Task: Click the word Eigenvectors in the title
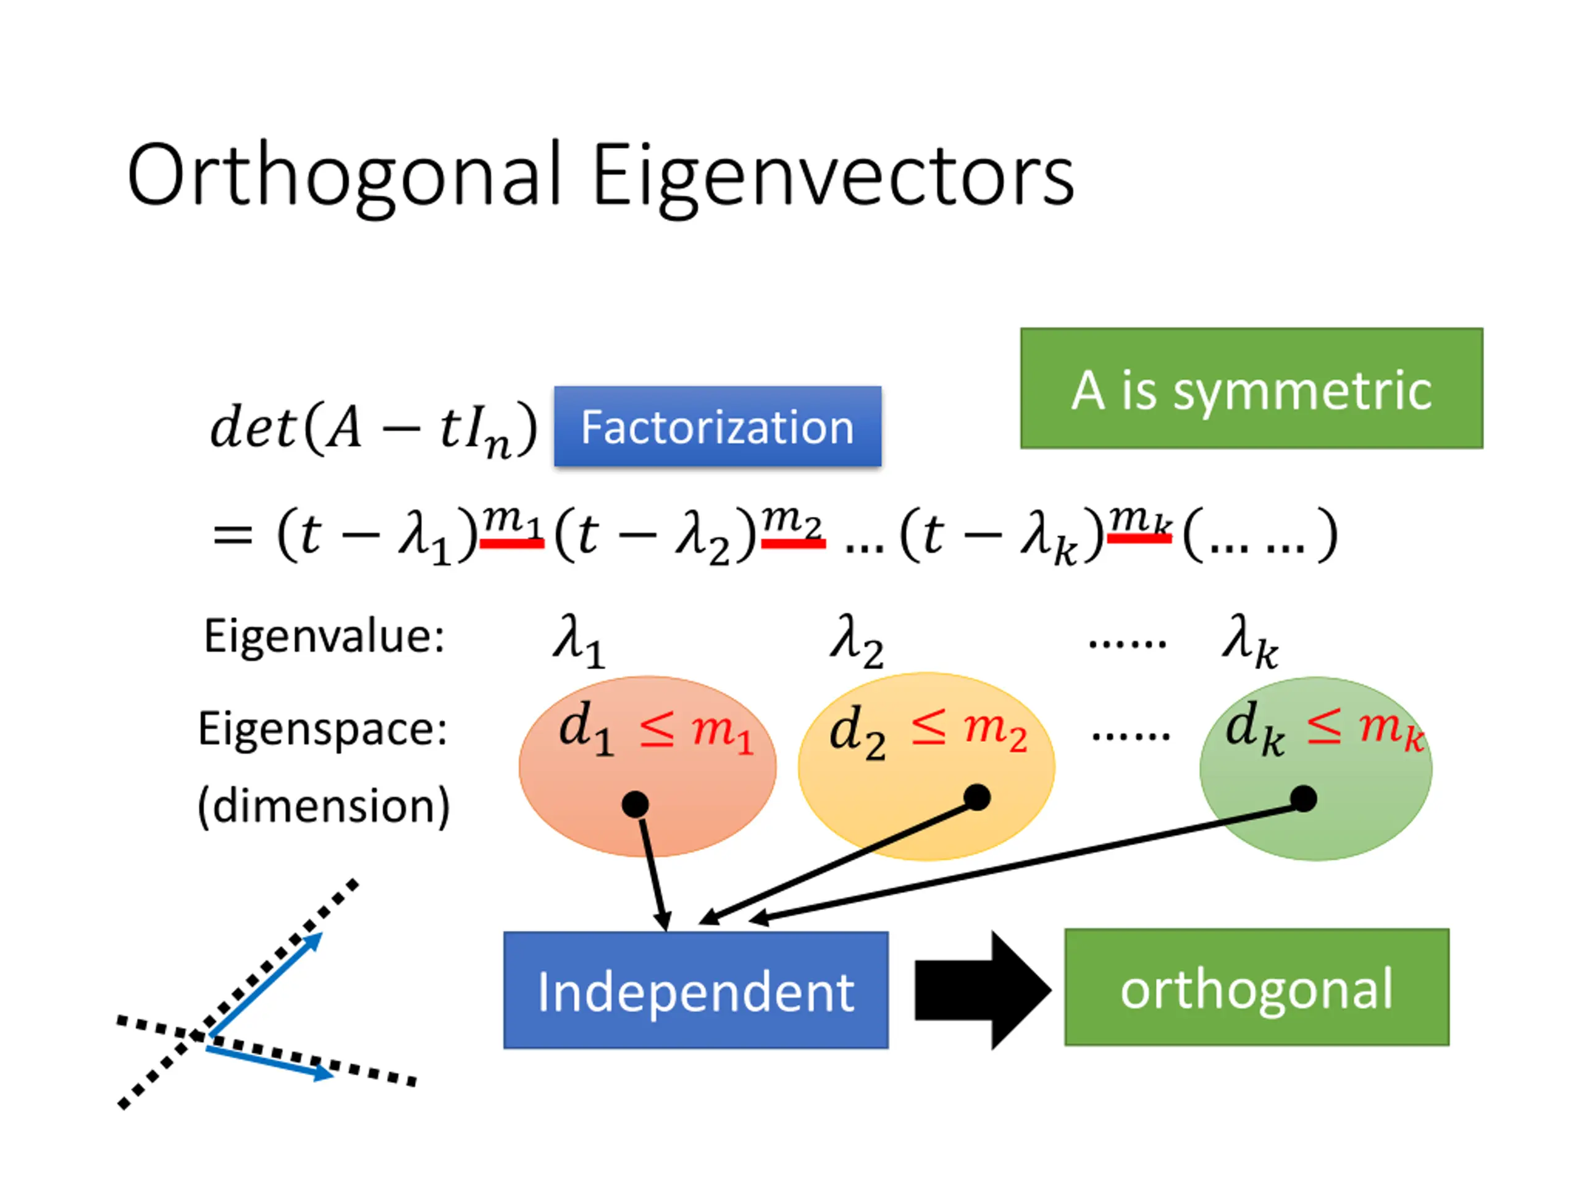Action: [x=833, y=177]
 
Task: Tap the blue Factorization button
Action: [x=718, y=427]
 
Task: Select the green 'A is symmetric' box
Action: [x=1251, y=388]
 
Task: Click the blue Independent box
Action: [x=696, y=990]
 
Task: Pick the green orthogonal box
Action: [x=1257, y=987]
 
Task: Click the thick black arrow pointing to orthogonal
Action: [x=983, y=990]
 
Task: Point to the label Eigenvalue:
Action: [x=324, y=636]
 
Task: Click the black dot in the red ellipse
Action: [x=635, y=804]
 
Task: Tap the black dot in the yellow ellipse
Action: [x=977, y=797]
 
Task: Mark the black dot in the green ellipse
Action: [x=1304, y=799]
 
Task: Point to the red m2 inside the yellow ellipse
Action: [x=996, y=731]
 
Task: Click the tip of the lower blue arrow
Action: [x=333, y=1073]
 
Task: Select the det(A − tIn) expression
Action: [x=373, y=429]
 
